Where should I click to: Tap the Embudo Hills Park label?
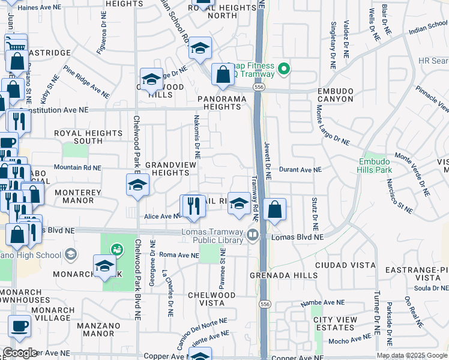[375, 166]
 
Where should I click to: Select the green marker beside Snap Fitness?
[285, 70]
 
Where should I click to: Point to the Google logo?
[20, 353]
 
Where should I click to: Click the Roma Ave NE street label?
[179, 255]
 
